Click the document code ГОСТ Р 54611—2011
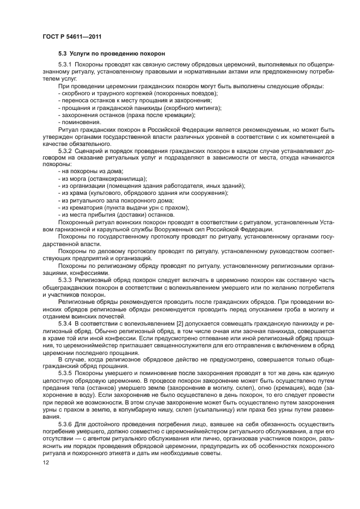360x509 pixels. tap(72, 36)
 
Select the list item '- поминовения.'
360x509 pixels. tap(79, 122)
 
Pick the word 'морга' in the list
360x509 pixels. tap(76, 179)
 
